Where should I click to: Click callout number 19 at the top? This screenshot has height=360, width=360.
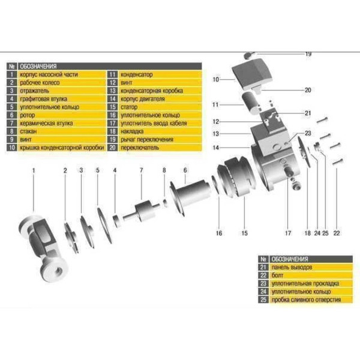click(308, 54)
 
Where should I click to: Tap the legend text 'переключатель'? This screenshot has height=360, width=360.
click(140, 145)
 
